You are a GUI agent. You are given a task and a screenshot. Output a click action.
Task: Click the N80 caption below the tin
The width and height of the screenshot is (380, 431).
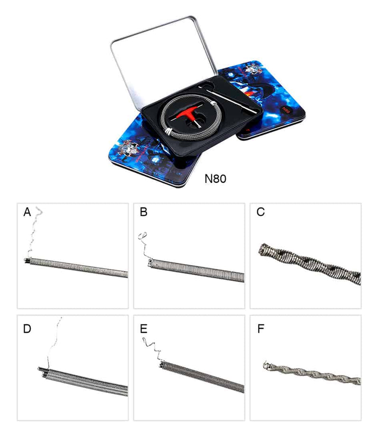[x=216, y=179]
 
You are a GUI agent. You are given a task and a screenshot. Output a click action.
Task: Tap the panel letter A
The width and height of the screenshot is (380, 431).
[x=27, y=212]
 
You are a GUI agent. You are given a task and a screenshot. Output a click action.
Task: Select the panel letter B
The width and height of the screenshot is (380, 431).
[x=143, y=212]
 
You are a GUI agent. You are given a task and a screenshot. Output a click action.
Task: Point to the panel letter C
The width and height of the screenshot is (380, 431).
[x=260, y=212]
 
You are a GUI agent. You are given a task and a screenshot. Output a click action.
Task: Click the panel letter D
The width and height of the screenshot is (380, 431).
[x=27, y=329]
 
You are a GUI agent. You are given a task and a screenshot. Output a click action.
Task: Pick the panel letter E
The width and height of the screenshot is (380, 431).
[x=143, y=329]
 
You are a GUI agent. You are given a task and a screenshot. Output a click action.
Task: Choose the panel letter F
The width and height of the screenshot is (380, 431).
[x=260, y=329]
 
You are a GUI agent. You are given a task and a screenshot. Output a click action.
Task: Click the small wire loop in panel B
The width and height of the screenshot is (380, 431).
[x=142, y=236]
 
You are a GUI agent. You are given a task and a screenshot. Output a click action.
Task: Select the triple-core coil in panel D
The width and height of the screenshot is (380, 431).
[x=83, y=382]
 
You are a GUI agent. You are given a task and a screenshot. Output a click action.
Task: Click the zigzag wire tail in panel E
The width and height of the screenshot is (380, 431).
[x=152, y=348]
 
